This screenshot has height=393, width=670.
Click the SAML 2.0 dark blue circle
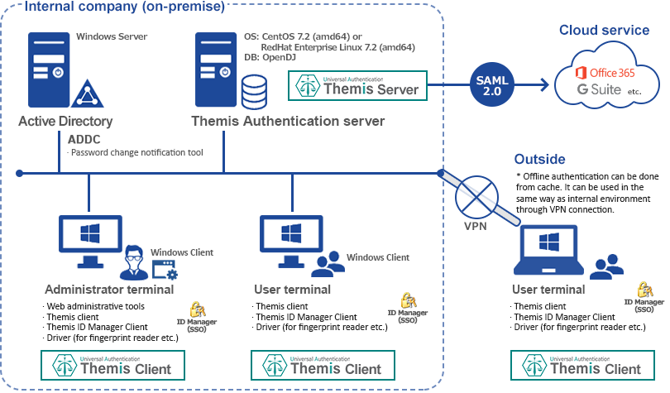(x=492, y=85)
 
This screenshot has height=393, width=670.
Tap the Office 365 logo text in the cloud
(x=605, y=73)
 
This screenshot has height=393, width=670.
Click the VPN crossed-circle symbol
(x=476, y=198)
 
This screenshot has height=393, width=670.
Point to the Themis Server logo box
(x=357, y=86)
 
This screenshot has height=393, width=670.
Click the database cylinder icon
(x=254, y=92)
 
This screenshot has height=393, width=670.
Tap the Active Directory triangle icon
(x=87, y=93)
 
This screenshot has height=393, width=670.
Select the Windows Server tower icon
(x=49, y=69)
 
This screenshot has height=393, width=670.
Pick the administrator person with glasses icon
(x=134, y=262)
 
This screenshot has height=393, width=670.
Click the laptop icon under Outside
(x=548, y=250)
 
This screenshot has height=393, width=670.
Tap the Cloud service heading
(x=604, y=30)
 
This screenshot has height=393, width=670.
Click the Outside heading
(x=539, y=159)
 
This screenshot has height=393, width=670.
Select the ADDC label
(x=84, y=140)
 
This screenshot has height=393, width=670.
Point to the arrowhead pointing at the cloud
(x=545, y=84)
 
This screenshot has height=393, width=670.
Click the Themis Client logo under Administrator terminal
(x=112, y=365)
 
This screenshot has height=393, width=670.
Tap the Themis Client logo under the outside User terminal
(x=582, y=365)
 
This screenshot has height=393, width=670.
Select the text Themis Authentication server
(x=288, y=122)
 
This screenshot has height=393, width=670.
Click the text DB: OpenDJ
(x=270, y=57)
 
